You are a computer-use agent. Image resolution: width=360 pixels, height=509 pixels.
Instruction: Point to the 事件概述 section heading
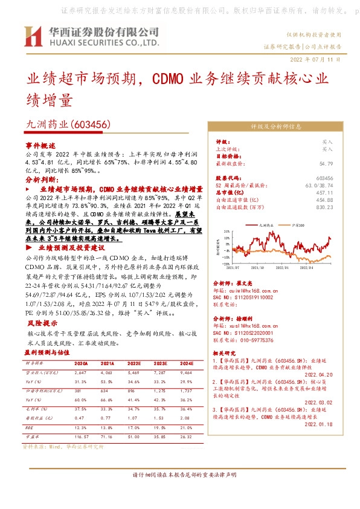pyautogui.click(x=40, y=146)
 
